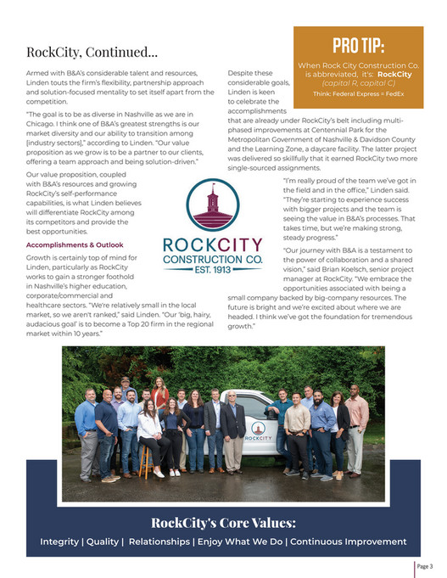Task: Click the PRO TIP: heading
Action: point(359,45)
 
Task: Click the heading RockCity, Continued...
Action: point(92,53)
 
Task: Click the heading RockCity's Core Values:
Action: point(223,521)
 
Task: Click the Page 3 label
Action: point(424,567)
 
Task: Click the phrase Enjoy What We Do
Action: point(240,542)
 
